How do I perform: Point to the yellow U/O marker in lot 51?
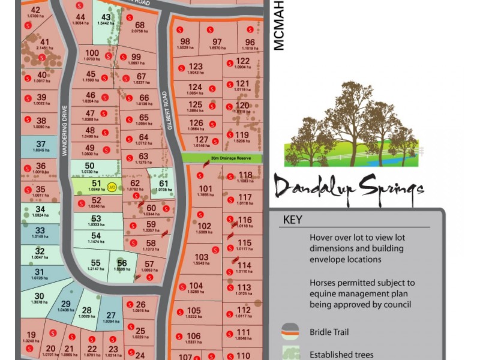(111, 187)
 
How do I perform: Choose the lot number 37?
(41, 144)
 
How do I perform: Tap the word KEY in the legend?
(292, 220)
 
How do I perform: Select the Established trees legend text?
(341, 355)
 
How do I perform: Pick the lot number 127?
(202, 139)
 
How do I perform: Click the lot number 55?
(95, 263)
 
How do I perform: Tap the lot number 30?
(39, 296)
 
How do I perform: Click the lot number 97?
(217, 41)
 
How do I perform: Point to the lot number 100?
(92, 53)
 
